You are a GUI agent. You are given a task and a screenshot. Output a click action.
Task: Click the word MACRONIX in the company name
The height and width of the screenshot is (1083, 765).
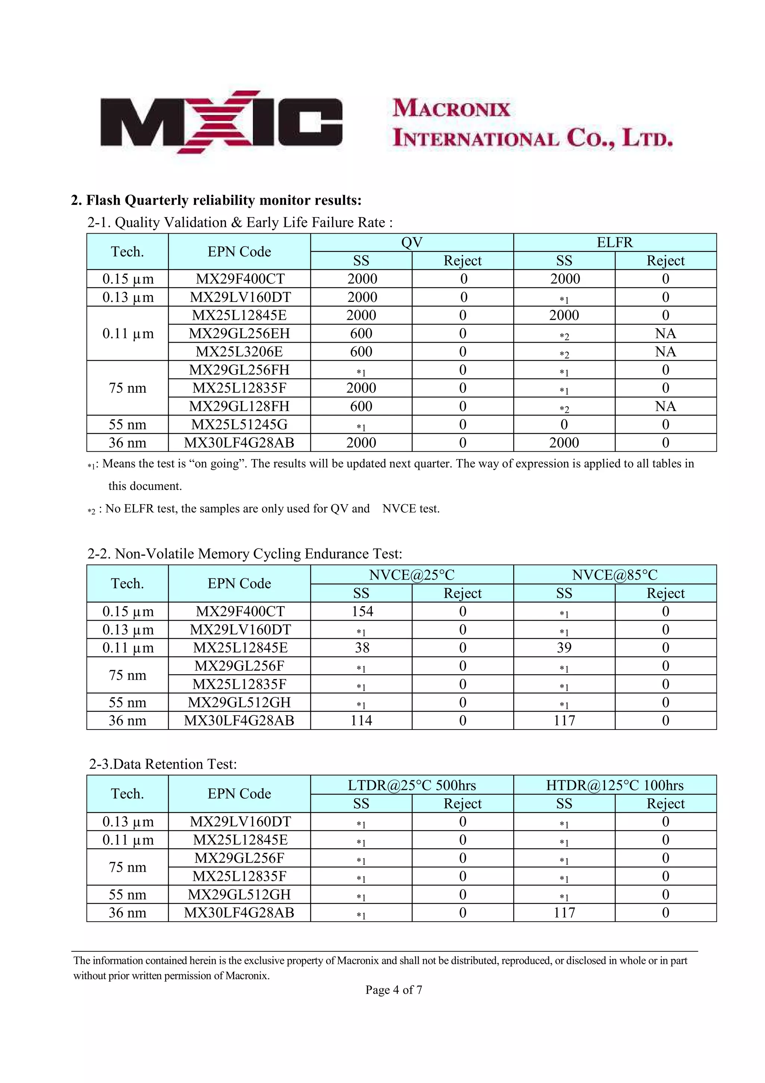[451, 108]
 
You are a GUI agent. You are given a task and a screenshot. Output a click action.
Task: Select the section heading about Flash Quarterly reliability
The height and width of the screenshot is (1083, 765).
[216, 200]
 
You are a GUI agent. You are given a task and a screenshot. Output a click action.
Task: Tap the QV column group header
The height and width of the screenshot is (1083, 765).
[412, 243]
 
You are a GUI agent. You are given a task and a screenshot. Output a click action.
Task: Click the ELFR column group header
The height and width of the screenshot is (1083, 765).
[614, 243]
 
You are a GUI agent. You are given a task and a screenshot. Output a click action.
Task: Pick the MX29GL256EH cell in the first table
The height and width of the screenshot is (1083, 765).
[239, 333]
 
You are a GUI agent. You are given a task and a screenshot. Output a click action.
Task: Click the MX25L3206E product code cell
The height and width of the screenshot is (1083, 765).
[239, 352]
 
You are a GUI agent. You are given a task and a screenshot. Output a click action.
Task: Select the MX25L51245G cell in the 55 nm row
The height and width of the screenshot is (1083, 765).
[239, 425]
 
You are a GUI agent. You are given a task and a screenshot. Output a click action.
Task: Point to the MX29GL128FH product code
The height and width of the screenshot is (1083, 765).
[239, 406]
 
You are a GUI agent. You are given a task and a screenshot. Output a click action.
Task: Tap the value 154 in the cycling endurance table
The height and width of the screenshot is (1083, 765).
[362, 611]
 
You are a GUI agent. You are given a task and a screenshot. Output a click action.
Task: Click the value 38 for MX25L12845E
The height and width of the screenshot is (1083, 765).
[362, 648]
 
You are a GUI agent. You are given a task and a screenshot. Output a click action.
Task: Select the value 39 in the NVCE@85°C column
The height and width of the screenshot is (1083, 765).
[564, 648]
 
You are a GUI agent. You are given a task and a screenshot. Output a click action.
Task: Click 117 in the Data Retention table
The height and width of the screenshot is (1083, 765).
[564, 912]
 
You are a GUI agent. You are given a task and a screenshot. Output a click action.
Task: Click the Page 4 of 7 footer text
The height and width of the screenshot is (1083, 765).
[394, 990]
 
